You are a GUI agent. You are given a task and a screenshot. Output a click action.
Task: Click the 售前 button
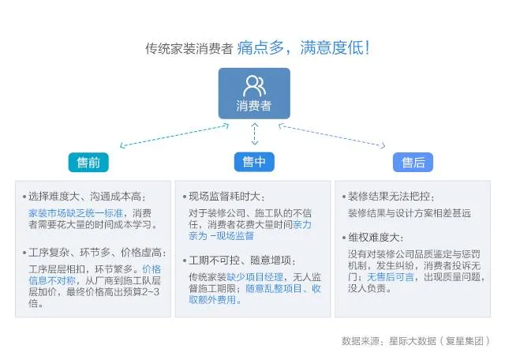pos(88,162)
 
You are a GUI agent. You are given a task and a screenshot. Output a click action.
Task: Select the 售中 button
pos(253,162)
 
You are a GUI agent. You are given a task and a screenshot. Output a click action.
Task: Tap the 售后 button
pos(413,162)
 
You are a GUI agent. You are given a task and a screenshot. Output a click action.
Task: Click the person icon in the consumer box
pos(253,84)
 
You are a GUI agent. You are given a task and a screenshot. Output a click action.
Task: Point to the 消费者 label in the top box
pos(253,106)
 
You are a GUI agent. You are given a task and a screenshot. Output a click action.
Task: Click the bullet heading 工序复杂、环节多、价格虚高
pos(96,253)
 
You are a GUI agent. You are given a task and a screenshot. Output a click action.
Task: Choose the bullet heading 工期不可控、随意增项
pos(241,260)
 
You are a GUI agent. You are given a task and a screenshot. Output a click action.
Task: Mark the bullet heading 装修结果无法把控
pos(391,197)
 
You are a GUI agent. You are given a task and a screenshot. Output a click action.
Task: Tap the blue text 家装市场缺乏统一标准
pos(75,212)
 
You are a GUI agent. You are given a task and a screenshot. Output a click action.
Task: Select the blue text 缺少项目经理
pos(253,276)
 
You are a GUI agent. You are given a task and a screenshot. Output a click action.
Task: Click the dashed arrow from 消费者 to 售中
pos(253,134)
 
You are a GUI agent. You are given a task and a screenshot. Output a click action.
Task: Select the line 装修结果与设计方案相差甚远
pos(409,212)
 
